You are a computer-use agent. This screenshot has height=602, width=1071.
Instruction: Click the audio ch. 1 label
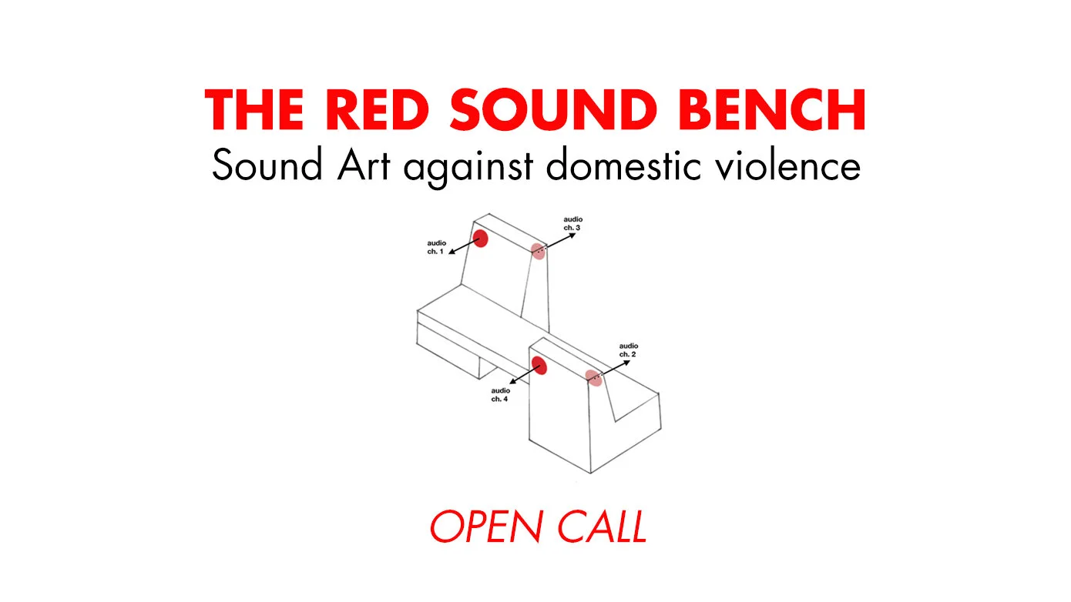click(436, 248)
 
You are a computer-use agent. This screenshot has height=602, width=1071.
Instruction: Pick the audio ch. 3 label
click(573, 224)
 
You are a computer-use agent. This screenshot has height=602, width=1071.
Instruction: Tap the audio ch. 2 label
click(629, 350)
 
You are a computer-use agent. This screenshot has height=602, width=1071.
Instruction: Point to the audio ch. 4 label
click(500, 395)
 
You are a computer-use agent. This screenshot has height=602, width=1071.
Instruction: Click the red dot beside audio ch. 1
click(480, 239)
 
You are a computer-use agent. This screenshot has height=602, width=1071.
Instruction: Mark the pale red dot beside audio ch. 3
click(539, 250)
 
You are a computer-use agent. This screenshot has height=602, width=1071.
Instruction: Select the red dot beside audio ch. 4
click(539, 365)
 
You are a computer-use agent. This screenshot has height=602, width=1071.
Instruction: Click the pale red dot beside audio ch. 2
click(593, 378)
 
